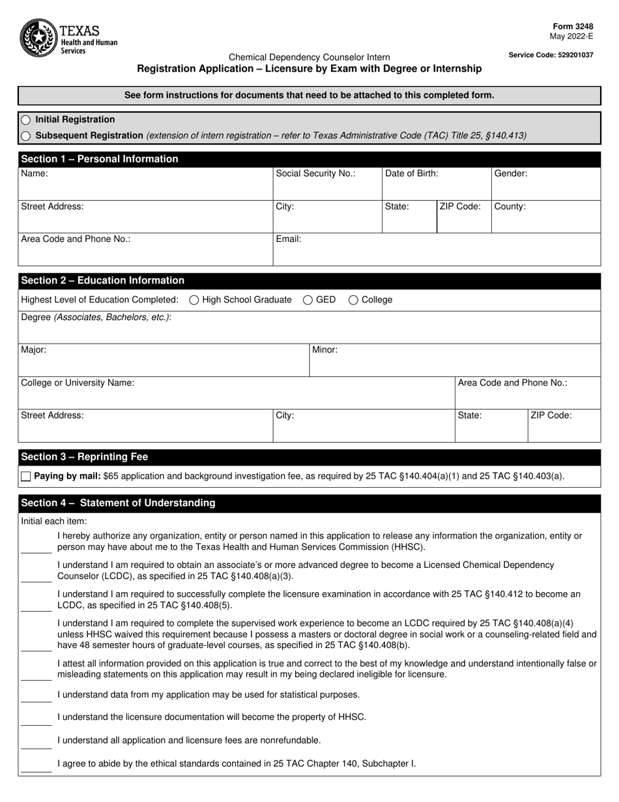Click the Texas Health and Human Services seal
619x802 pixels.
tap(38, 38)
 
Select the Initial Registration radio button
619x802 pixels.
tap(25, 120)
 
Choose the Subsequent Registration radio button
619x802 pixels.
tap(25, 136)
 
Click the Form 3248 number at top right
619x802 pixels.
tap(571, 27)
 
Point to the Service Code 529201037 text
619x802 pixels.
tap(551, 55)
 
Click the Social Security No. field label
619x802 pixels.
tap(315, 173)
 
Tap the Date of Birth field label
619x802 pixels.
tap(412, 173)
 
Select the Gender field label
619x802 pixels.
tap(511, 173)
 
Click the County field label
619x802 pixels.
tap(510, 207)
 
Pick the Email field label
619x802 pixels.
tap(289, 239)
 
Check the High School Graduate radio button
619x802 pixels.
tap(194, 300)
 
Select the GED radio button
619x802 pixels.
tap(308, 300)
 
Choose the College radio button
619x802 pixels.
tap(354, 300)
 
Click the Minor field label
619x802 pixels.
tap(324, 350)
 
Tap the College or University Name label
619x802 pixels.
tap(78, 383)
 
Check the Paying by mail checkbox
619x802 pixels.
tap(26, 477)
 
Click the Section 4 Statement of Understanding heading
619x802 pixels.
tap(118, 503)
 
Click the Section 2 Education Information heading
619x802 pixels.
tap(102, 280)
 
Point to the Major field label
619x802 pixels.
tap(34, 350)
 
